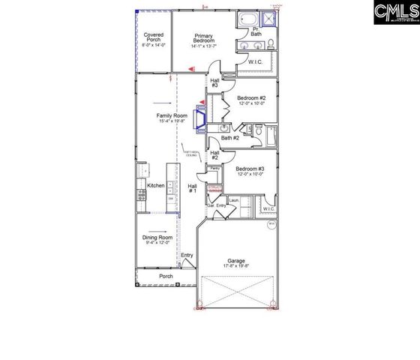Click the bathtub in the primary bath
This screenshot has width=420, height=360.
[248, 19]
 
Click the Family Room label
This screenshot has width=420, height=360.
[171, 115]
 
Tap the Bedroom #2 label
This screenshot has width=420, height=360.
[252, 98]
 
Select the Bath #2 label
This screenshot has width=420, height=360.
[229, 137]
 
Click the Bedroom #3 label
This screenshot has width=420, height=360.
[250, 169]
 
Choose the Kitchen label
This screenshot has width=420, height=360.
[155, 185]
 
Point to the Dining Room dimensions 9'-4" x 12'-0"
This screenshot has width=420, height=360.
[158, 242]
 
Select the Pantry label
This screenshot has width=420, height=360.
[214, 169]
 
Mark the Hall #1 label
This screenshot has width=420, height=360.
[192, 188]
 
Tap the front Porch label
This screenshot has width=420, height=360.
[166, 276]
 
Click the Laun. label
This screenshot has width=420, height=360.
[234, 200]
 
